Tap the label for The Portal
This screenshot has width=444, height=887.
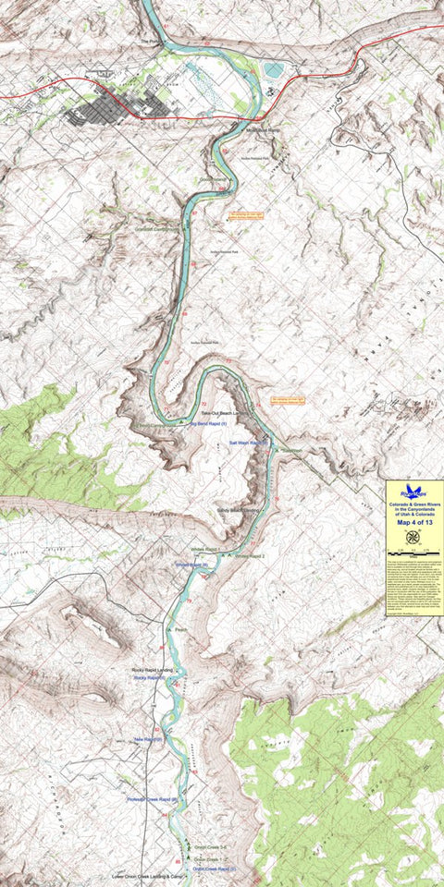[x=151, y=42]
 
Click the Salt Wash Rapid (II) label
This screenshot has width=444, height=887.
[x=248, y=443]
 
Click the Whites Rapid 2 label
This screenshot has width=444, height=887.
[x=250, y=556]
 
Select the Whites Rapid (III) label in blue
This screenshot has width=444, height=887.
[x=190, y=565]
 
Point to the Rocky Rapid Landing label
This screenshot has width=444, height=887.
[x=153, y=670]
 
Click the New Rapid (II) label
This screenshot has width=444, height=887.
[x=148, y=739]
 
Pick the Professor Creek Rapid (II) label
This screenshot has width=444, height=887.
[x=152, y=799]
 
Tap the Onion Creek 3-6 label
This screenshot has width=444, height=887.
[x=210, y=845]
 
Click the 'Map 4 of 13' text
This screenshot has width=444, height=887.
[x=413, y=522]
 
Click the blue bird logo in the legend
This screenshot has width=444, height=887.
[x=413, y=492]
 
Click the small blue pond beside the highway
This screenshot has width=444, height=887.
[x=275, y=69]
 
